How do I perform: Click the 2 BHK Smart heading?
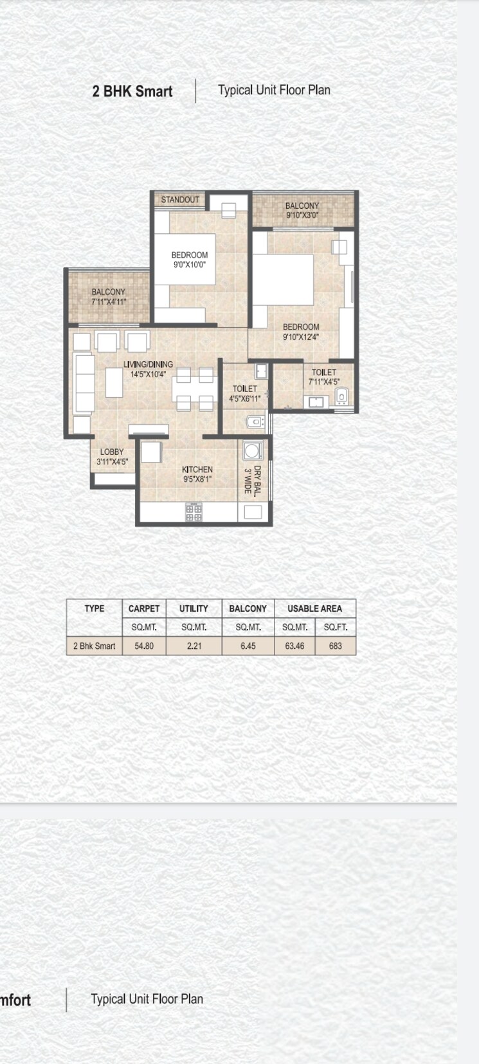click(x=132, y=91)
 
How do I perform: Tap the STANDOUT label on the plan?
click(x=180, y=200)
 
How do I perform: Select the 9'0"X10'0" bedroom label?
click(x=189, y=260)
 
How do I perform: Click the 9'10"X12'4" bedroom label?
click(x=300, y=332)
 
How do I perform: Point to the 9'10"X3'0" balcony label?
click(x=302, y=211)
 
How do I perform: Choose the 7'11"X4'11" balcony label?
click(x=108, y=297)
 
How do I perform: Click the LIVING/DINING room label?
click(x=148, y=369)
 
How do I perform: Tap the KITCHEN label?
click(x=197, y=474)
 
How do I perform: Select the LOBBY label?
click(x=112, y=457)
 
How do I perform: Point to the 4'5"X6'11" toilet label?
click(x=244, y=394)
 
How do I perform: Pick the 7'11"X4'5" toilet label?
click(x=323, y=377)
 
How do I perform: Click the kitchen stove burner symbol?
click(x=194, y=511)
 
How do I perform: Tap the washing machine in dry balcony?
click(x=253, y=450)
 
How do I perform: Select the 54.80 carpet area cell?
click(x=144, y=646)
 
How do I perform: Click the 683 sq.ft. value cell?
click(x=335, y=646)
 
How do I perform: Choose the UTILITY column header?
click(x=194, y=608)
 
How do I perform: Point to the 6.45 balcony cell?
click(x=248, y=646)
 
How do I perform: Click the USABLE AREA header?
click(x=314, y=608)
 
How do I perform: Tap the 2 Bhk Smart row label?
click(x=94, y=646)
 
